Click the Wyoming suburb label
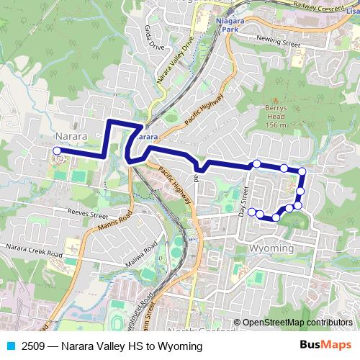(270, 248)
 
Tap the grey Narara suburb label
(71, 135)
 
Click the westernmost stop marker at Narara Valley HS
(57, 150)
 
